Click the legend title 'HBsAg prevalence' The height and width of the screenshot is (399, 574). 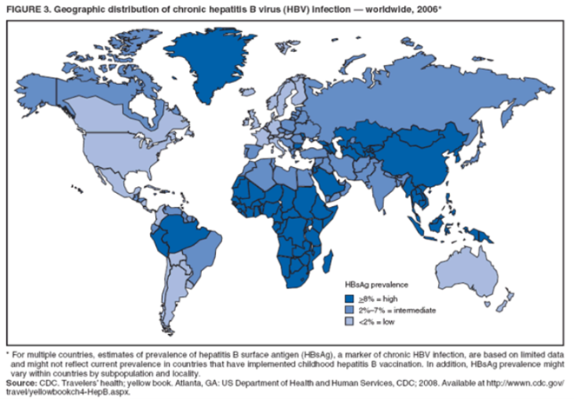click(375, 283)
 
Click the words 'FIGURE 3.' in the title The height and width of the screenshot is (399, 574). click(29, 9)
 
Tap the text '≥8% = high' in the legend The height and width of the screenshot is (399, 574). click(382, 296)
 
